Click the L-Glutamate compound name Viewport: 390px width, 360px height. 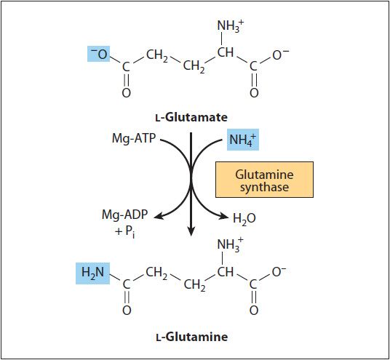[x=191, y=117]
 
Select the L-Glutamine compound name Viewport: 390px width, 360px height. [x=192, y=337]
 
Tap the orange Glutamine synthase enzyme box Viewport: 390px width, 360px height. [x=264, y=180]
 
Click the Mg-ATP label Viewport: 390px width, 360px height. [x=134, y=138]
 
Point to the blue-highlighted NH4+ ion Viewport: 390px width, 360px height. [x=243, y=140]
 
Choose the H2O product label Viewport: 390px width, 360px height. [x=244, y=218]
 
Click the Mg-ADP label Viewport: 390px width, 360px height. [x=125, y=215]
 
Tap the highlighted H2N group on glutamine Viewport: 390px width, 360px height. [x=93, y=273]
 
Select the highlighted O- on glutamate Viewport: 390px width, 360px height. [x=99, y=54]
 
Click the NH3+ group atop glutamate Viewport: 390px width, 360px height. [x=231, y=26]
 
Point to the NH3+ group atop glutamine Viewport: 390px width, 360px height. [x=230, y=245]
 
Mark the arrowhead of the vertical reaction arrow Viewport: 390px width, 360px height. [x=191, y=232]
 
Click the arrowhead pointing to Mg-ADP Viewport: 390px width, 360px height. [x=158, y=217]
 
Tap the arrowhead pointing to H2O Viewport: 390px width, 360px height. [x=223, y=217]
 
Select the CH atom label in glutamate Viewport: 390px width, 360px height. [x=226, y=52]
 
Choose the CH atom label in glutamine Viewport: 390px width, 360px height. [x=226, y=272]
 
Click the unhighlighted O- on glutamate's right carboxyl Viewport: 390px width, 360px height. [x=280, y=55]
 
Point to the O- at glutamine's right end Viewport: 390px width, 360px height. [x=279, y=272]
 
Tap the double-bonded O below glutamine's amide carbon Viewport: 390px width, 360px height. [x=127, y=311]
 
